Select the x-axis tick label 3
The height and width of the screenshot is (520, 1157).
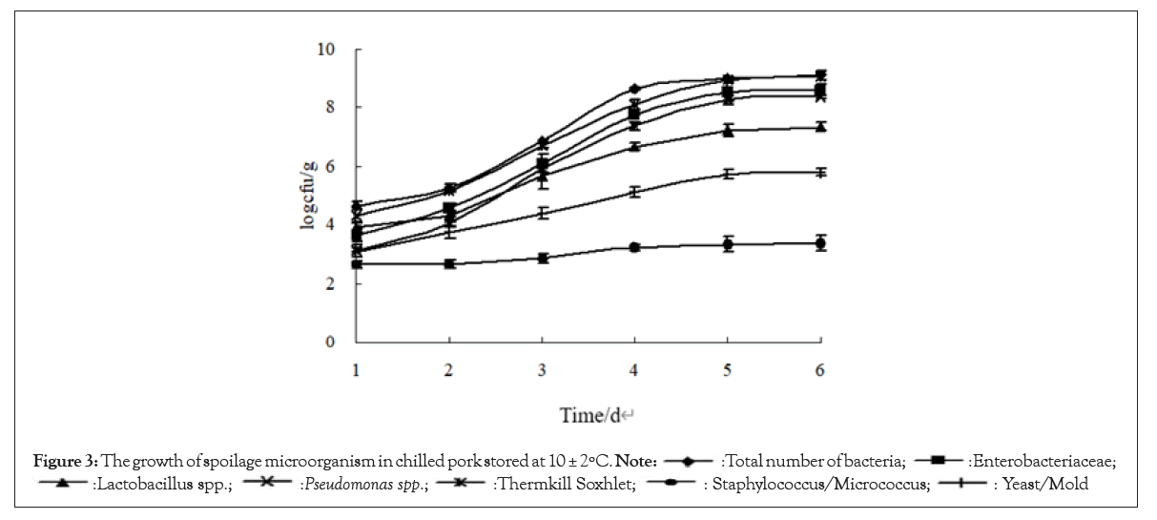(x=542, y=370)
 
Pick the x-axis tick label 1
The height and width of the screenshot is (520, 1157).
(x=357, y=370)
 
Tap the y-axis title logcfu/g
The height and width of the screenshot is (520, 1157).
(x=310, y=196)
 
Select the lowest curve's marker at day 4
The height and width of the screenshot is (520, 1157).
(x=634, y=247)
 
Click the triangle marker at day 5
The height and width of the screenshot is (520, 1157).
(x=727, y=131)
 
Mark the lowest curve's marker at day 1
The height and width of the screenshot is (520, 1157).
(x=357, y=263)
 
